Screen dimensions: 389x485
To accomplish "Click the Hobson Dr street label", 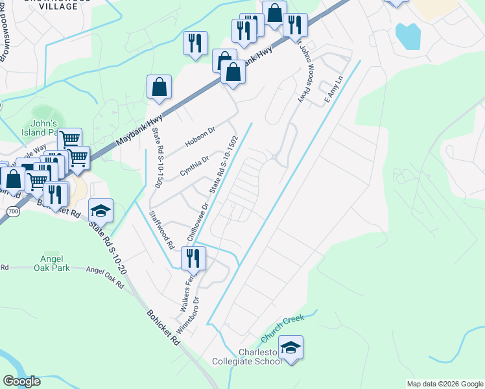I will pos(199,136).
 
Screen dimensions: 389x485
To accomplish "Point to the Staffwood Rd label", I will pos(162,230).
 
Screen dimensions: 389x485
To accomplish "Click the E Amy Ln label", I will pos(333,90).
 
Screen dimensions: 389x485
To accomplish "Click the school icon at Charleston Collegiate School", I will pos(291,348).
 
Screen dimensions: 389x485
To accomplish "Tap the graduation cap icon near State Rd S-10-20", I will pos(101,210).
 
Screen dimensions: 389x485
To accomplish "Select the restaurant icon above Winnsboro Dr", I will pos(193,257).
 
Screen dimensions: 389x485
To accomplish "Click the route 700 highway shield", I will pos(14,212).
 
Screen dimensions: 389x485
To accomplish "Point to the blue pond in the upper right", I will pos(408,36).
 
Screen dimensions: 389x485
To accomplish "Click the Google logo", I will pos(22,381).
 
